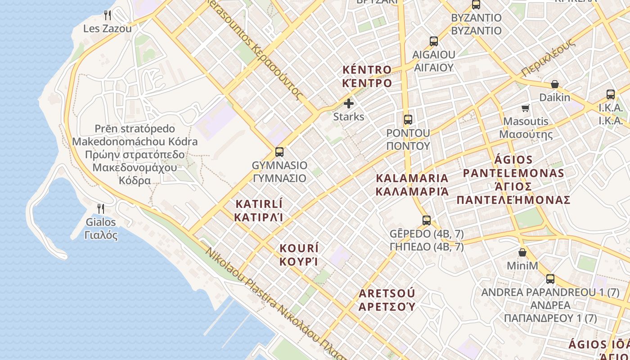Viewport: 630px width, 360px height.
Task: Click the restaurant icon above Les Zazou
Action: [108, 15]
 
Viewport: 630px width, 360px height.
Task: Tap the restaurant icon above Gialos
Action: [101, 208]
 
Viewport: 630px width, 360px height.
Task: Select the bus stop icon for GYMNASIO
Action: [279, 152]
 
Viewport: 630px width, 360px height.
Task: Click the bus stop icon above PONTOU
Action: [408, 119]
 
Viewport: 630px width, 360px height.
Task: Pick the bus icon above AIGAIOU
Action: [433, 41]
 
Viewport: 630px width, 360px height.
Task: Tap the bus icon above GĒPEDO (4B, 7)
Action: [427, 220]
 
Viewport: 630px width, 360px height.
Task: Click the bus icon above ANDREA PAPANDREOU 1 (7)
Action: [550, 279]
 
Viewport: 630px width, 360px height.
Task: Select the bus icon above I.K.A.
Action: [611, 94]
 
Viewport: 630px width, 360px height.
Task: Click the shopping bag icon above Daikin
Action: [555, 84]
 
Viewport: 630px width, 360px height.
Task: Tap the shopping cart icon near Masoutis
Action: [525, 108]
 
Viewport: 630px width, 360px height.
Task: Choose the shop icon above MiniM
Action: [522, 252]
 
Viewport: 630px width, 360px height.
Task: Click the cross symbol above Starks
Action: [349, 103]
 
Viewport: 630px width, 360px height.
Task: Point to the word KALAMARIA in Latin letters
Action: [412, 178]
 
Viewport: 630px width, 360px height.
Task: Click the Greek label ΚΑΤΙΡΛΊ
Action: [259, 217]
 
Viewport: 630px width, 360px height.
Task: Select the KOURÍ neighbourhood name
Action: [299, 248]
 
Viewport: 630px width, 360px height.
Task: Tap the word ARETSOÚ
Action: [387, 294]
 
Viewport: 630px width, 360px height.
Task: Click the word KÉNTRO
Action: [367, 70]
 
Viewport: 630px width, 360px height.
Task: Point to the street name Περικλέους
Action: [548, 58]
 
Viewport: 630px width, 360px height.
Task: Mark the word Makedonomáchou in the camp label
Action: [135, 142]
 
